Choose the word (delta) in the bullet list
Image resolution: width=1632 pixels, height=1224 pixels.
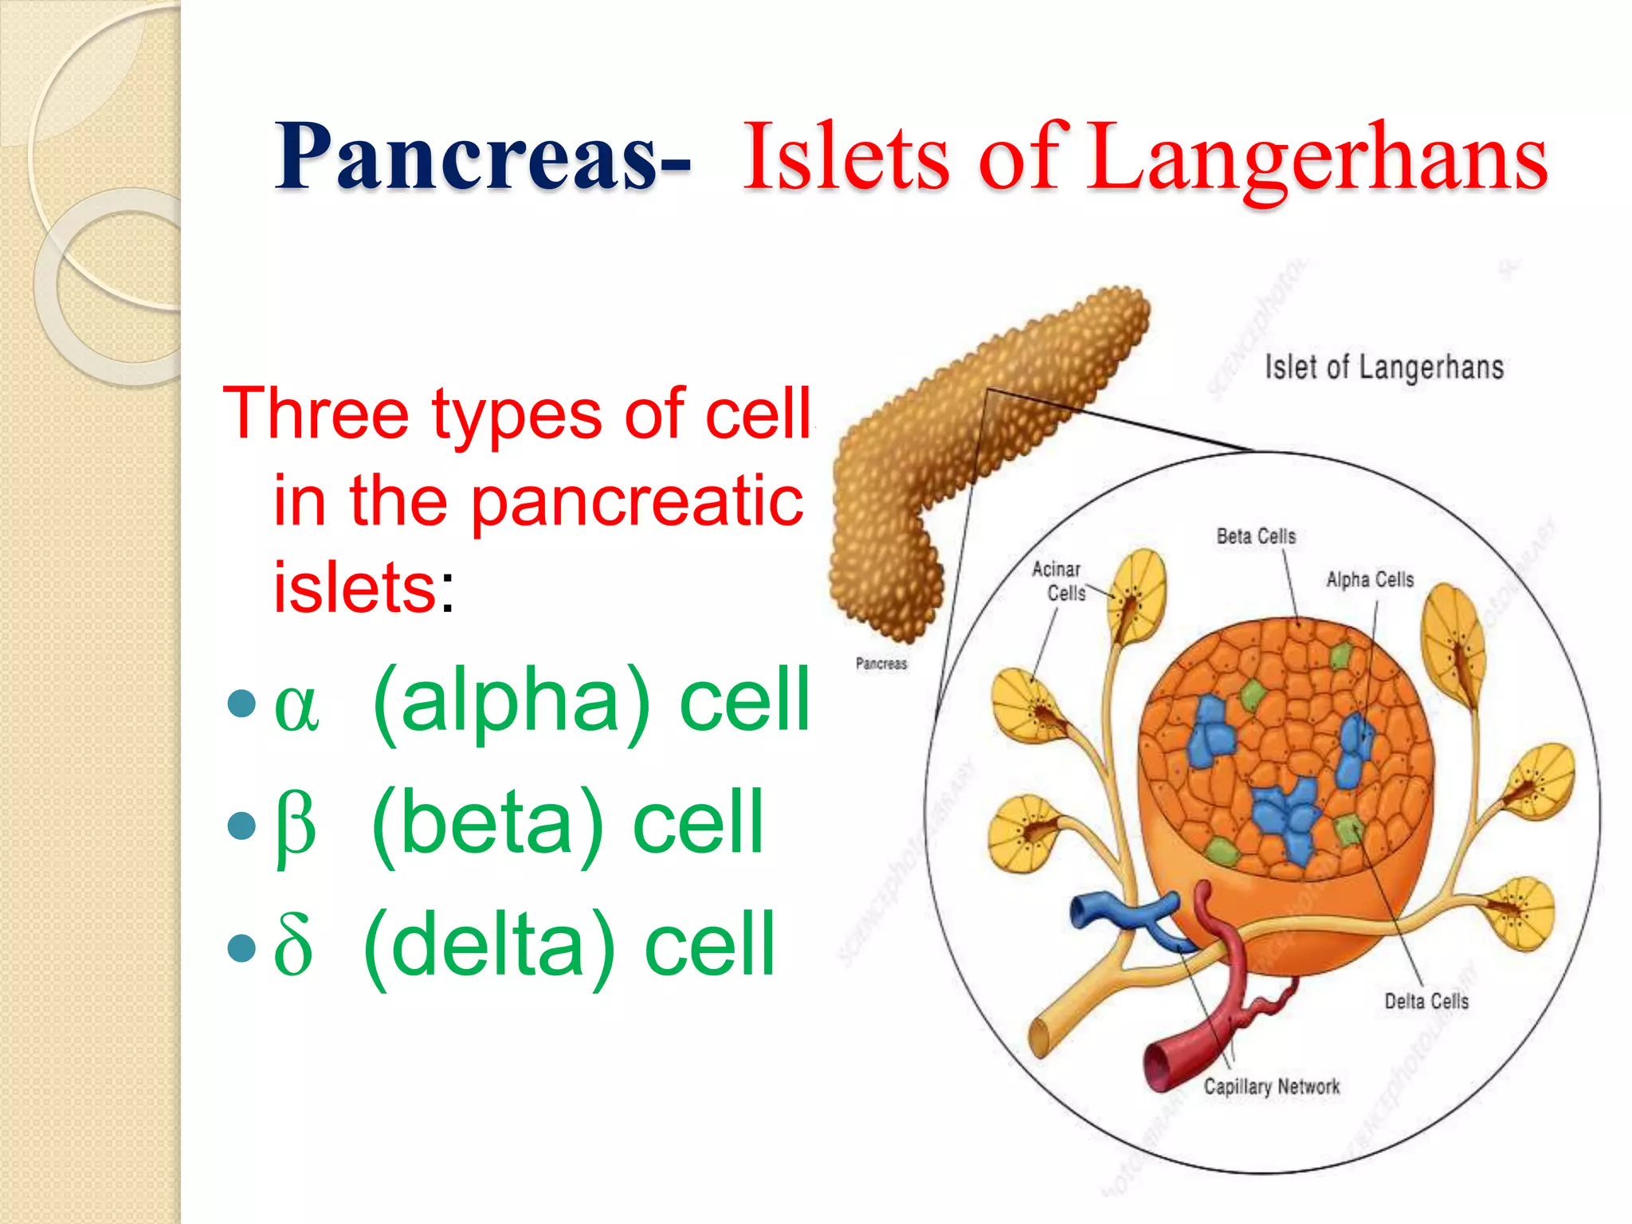[x=489, y=946]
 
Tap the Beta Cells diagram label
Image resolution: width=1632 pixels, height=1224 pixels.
[x=1256, y=536]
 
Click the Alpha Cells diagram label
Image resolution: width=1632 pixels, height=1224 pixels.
[x=1370, y=579]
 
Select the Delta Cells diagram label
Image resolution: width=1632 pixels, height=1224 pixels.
[x=1426, y=1001]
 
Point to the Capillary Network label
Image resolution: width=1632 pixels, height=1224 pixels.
[x=1272, y=1086]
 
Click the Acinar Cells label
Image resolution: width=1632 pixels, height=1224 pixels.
[x=1058, y=581]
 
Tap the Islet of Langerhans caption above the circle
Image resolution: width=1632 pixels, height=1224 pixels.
[x=1384, y=367]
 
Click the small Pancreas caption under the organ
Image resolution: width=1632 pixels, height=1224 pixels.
[x=881, y=663]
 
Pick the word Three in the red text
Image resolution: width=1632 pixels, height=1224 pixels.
[x=315, y=414]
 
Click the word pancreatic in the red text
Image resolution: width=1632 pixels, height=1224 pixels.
[x=637, y=502]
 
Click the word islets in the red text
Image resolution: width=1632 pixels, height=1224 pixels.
[x=355, y=588]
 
